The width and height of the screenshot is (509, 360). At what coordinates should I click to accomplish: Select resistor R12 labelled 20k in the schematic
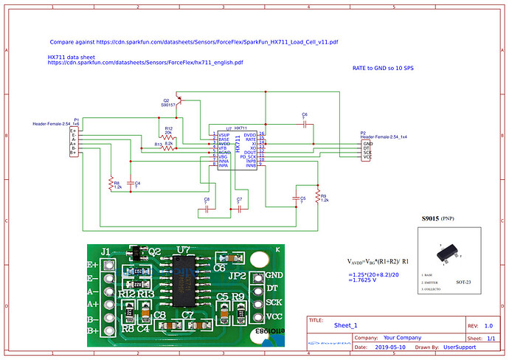(x=169, y=138)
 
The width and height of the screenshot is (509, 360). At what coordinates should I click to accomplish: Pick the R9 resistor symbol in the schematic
(x=318, y=196)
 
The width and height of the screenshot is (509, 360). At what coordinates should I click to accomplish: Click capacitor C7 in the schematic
(x=238, y=207)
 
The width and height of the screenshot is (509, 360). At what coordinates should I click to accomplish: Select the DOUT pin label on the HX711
(x=248, y=152)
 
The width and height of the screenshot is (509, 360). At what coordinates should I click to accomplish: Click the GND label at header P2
(x=367, y=143)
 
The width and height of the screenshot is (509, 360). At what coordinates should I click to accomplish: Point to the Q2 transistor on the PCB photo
(x=134, y=255)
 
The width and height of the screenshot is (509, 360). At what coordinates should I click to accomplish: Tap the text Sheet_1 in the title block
(x=345, y=325)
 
